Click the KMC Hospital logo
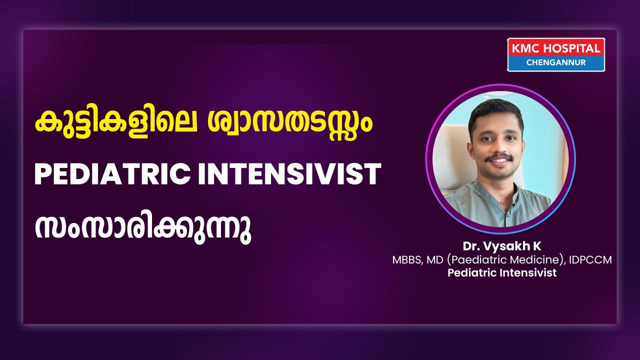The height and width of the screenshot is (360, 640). point(556,54)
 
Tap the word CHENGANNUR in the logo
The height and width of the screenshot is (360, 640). point(556,62)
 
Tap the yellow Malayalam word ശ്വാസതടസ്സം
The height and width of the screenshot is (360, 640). point(290,125)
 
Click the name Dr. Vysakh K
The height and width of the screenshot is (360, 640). point(502,246)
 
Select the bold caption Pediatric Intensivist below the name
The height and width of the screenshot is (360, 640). point(502,273)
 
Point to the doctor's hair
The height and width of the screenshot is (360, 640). point(496,113)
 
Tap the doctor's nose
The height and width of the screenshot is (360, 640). point(498,145)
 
